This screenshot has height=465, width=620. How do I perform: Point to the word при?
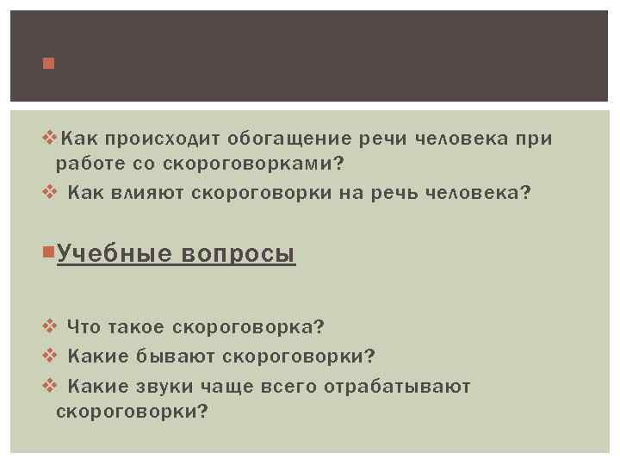tap(535, 139)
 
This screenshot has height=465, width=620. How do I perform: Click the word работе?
tap(86, 163)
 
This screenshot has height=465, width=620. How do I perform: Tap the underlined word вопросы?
tap(239, 255)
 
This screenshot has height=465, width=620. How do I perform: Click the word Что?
tap(84, 327)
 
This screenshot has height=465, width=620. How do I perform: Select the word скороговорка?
tap(248, 327)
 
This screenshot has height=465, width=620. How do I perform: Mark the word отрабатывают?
tap(397, 387)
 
